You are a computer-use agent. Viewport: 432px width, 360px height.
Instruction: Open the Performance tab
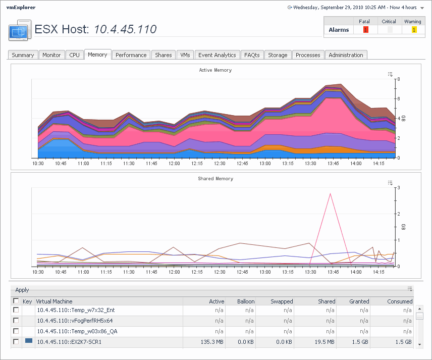pos(131,55)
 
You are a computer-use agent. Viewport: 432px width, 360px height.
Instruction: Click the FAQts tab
pos(251,55)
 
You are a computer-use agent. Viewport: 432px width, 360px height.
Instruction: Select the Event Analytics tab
pos(217,55)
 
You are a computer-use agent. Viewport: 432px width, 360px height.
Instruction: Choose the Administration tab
pos(346,55)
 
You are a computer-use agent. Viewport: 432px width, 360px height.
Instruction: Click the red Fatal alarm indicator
pos(365,30)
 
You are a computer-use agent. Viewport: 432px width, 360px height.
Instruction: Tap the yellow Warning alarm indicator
pos(414,30)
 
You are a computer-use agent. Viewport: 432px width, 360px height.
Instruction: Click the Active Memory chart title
pos(215,70)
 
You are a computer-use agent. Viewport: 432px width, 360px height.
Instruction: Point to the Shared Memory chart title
pos(215,179)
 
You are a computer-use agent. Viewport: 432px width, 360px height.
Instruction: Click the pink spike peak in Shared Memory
pos(330,193)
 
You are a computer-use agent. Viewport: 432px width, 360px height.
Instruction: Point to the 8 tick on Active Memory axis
pos(398,79)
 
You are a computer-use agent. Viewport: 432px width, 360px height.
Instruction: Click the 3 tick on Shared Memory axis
pos(398,188)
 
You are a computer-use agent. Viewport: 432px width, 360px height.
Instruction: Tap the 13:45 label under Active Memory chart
pos(333,163)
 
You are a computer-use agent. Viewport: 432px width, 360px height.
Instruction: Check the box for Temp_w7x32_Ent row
pos(16,310)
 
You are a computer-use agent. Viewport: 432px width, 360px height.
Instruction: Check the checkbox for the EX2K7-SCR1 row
pos(16,342)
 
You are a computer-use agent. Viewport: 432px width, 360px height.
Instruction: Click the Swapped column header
pos(282,301)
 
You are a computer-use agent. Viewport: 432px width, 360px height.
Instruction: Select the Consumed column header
pos(401,301)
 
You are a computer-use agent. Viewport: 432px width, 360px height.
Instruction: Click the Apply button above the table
pos(22,290)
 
